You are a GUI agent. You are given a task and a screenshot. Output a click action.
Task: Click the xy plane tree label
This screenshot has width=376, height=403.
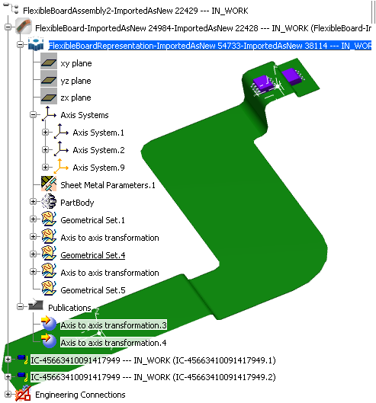[x=76, y=63]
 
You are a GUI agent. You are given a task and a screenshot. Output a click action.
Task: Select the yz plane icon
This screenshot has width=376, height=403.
[x=49, y=81]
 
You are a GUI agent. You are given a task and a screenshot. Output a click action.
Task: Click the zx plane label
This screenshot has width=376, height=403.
[x=76, y=98]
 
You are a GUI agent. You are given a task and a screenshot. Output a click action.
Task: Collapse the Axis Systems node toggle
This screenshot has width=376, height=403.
[x=34, y=114]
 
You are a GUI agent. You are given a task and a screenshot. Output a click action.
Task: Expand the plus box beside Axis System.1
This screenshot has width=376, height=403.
[x=45, y=132]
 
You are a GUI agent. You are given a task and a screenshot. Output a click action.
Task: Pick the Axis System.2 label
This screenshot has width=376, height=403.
[x=98, y=150]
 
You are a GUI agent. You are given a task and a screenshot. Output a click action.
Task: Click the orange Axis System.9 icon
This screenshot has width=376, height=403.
[x=61, y=167]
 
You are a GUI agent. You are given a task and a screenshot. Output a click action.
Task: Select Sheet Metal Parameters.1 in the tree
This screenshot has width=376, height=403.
[x=108, y=185]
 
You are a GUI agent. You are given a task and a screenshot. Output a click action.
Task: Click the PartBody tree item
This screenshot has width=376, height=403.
[x=77, y=203]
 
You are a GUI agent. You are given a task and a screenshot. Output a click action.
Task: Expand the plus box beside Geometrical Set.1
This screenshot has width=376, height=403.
[x=34, y=219]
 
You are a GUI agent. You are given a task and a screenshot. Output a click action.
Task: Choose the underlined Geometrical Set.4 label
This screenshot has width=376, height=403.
[x=92, y=255]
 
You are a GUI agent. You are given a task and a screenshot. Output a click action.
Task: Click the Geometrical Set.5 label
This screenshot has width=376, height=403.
[x=93, y=290]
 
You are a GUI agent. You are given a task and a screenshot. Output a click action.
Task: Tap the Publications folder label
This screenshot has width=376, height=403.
[x=69, y=308]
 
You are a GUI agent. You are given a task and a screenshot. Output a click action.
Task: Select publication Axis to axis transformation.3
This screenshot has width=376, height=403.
[x=114, y=325]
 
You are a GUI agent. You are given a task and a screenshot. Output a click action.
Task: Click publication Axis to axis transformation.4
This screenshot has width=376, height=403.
[x=114, y=343]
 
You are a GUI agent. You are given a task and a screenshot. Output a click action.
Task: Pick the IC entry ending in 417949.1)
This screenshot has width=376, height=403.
[x=153, y=360]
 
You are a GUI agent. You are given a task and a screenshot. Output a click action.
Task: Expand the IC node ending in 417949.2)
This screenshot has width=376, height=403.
[x=8, y=376]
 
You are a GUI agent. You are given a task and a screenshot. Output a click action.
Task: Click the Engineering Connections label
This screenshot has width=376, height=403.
[x=80, y=395]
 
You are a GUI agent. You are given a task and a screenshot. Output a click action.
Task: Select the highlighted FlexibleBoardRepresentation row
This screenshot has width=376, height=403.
[x=210, y=46]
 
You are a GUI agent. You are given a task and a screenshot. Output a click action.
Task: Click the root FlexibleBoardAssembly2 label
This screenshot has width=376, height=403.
[x=136, y=11]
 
